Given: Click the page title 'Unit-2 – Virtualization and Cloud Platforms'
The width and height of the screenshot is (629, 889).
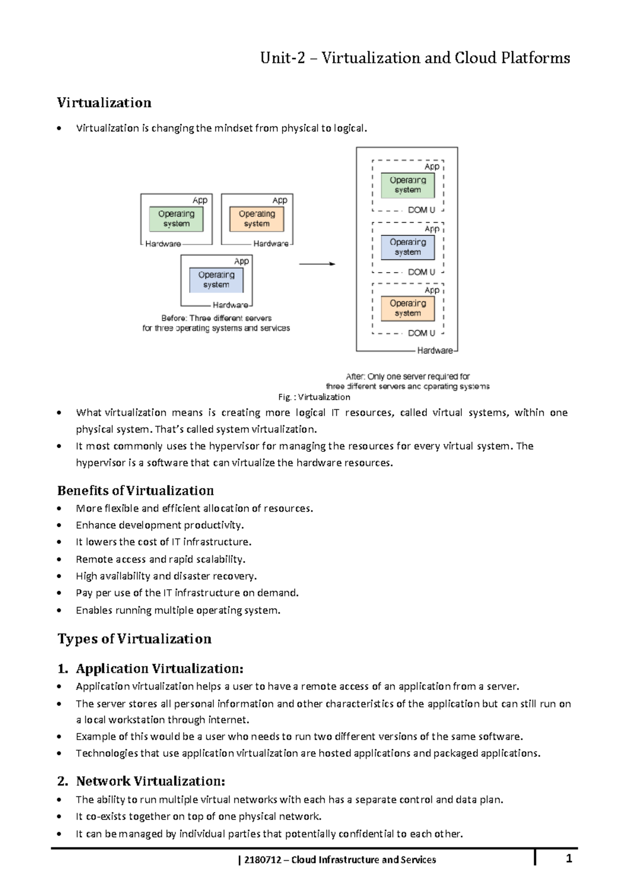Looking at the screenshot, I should pyautogui.click(x=415, y=58).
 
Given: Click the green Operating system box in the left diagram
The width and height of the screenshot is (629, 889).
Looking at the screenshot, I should pyautogui.click(x=176, y=219).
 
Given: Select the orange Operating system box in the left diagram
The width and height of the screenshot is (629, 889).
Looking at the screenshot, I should pyautogui.click(x=257, y=219).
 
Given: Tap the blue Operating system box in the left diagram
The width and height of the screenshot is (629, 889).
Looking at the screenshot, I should pyautogui.click(x=216, y=279).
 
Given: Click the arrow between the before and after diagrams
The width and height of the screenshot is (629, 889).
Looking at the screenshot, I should pyautogui.click(x=317, y=264).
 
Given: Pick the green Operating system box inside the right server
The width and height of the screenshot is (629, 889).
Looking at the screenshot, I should pyautogui.click(x=408, y=185).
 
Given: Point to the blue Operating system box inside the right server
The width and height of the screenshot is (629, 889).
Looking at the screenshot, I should pyautogui.click(x=408, y=247).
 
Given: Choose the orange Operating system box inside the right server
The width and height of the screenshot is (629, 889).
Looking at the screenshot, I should pyautogui.click(x=408, y=308).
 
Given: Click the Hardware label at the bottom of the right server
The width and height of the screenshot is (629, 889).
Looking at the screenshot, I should pyautogui.click(x=435, y=351).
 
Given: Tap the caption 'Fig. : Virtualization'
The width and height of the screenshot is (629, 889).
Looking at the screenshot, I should pyautogui.click(x=314, y=397).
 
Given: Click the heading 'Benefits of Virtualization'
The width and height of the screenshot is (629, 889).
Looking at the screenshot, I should pyautogui.click(x=135, y=491).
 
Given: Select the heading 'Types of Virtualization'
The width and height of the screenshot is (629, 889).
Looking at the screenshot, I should pyautogui.click(x=134, y=639).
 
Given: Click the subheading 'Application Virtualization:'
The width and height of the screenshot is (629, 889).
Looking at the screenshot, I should pyautogui.click(x=159, y=669).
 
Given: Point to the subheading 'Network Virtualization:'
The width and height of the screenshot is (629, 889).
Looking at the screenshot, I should pyautogui.click(x=150, y=782).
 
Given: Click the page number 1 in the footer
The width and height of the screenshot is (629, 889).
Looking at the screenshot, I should pyautogui.click(x=569, y=859).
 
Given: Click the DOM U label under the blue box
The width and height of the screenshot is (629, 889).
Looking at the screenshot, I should pyautogui.click(x=421, y=272).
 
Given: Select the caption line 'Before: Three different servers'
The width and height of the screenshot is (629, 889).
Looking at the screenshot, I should pyautogui.click(x=216, y=318).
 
